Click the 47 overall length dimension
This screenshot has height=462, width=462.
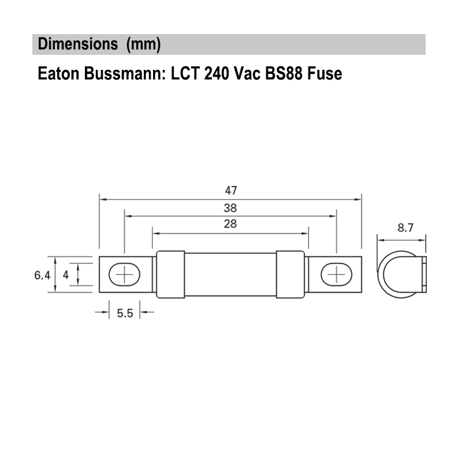[231, 190]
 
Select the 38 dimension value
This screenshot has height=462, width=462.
[230, 208]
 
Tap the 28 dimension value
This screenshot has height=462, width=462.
[230, 225]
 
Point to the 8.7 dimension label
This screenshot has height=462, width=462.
[405, 228]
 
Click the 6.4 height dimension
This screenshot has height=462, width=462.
[42, 275]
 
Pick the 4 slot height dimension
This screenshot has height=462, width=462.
[66, 275]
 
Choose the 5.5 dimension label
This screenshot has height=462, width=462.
[125, 313]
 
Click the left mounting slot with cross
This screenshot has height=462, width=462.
[124, 274]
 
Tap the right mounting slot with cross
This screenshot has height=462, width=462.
[336, 274]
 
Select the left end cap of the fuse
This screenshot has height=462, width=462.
[170, 274]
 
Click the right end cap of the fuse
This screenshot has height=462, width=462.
[290, 274]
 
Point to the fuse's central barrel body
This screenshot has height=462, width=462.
[230, 274]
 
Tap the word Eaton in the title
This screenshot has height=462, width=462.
[56, 74]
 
